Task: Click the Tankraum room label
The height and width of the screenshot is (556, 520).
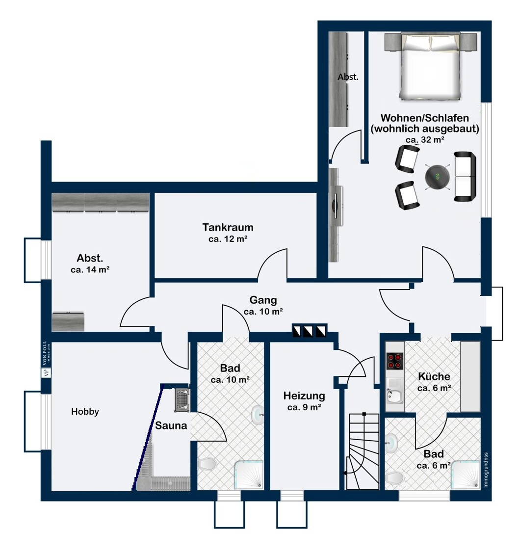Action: [228, 227]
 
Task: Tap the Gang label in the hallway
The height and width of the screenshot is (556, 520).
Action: [263, 300]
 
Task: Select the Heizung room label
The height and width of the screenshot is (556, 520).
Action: [304, 396]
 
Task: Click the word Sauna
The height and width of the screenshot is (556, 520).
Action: [171, 425]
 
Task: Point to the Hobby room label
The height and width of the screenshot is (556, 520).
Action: [85, 411]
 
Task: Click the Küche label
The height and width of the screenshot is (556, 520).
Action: [434, 376]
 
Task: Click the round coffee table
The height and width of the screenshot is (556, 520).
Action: [438, 177]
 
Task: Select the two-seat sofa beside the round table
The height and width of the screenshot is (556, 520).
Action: [465, 177]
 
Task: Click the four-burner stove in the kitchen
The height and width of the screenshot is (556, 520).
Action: [394, 361]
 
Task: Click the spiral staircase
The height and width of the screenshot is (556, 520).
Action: [364, 451]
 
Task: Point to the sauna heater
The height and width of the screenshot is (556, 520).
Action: [182, 400]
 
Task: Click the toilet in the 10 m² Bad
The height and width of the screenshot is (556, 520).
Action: [207, 463]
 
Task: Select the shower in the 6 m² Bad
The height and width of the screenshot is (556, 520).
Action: [466, 476]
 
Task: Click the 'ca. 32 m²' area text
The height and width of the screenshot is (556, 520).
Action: [425, 140]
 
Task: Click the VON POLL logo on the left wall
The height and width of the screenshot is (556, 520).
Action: [46, 359]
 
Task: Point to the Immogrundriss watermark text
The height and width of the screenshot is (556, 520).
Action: [486, 470]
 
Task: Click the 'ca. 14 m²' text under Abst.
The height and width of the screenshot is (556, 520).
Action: [90, 269]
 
